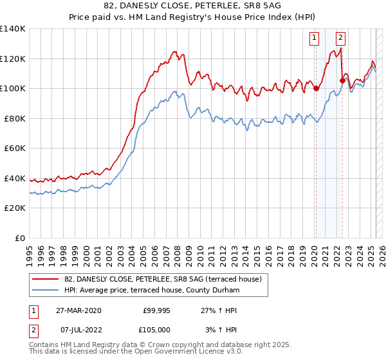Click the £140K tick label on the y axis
click(x=13, y=29)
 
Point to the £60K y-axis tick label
click(x=15, y=148)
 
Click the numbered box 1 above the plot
click(x=315, y=37)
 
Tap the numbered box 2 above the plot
click(x=340, y=37)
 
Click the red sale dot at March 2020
click(x=316, y=89)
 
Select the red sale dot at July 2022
click(x=342, y=80)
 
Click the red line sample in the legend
click(x=46, y=280)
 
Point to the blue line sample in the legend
click(x=46, y=291)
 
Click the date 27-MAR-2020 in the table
click(x=78, y=310)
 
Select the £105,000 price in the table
click(x=156, y=329)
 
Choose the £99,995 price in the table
click(x=156, y=310)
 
